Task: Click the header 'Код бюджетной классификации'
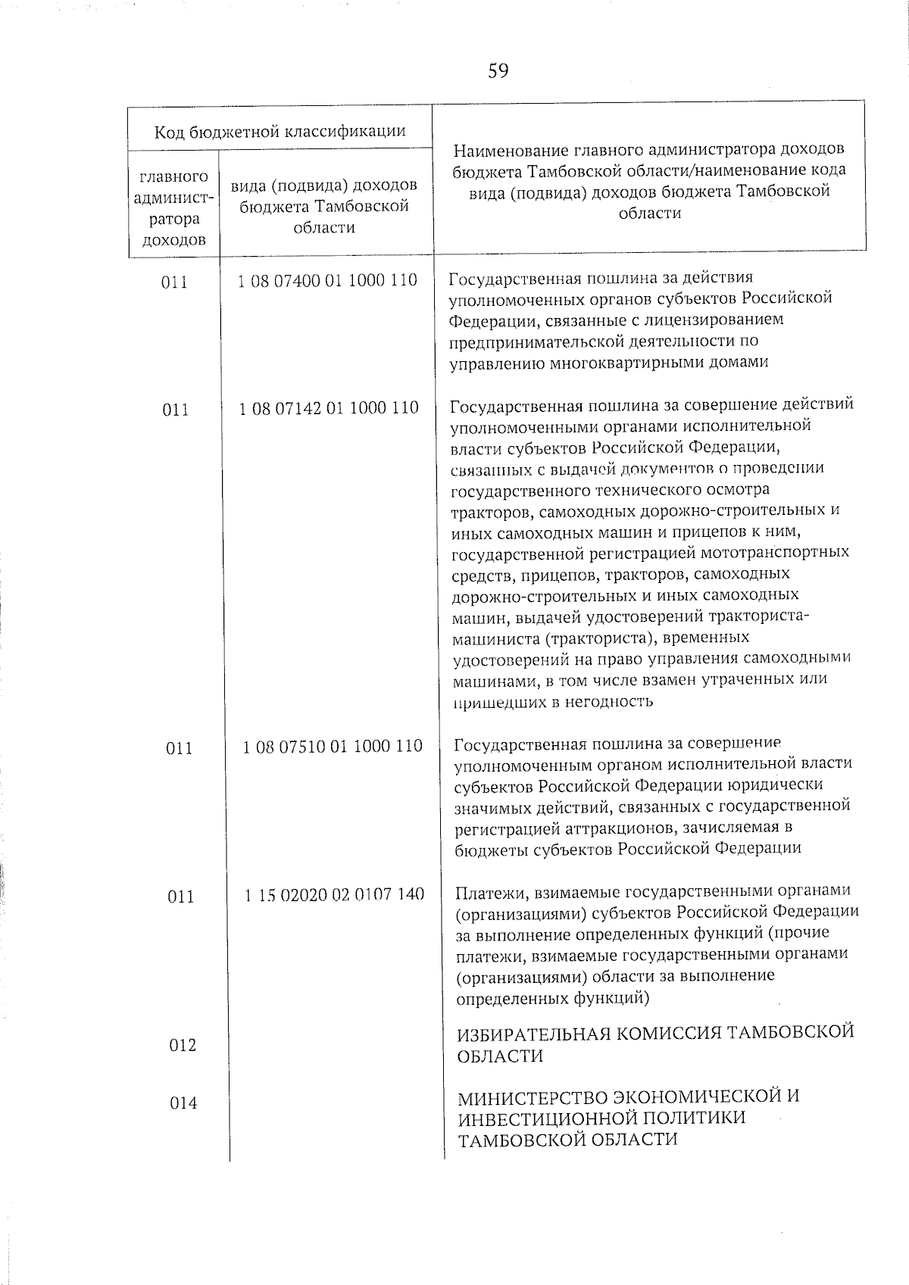(280, 132)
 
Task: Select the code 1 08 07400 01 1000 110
(327, 280)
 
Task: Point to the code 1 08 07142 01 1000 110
(329, 408)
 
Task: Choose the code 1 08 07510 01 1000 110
(333, 747)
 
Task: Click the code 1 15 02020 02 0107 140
(334, 894)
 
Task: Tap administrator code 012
(182, 1045)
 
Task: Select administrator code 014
(183, 1103)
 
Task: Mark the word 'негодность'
(611, 701)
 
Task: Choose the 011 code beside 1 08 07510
(180, 748)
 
